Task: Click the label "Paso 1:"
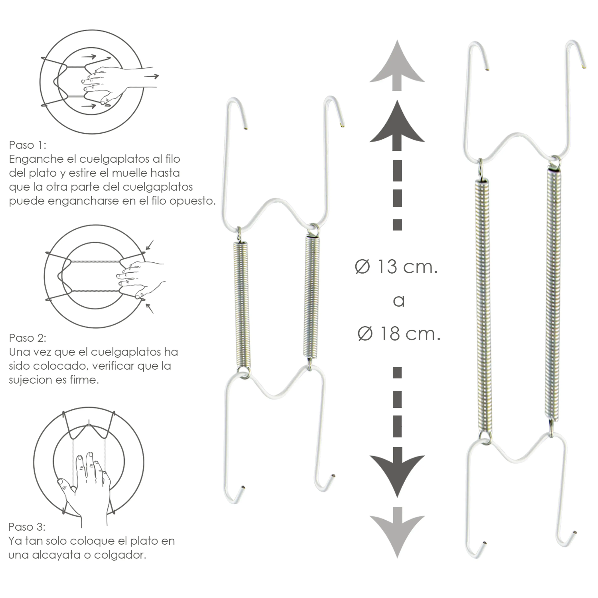[28, 145]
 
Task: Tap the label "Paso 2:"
[28, 338]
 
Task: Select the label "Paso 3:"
[27, 527]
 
